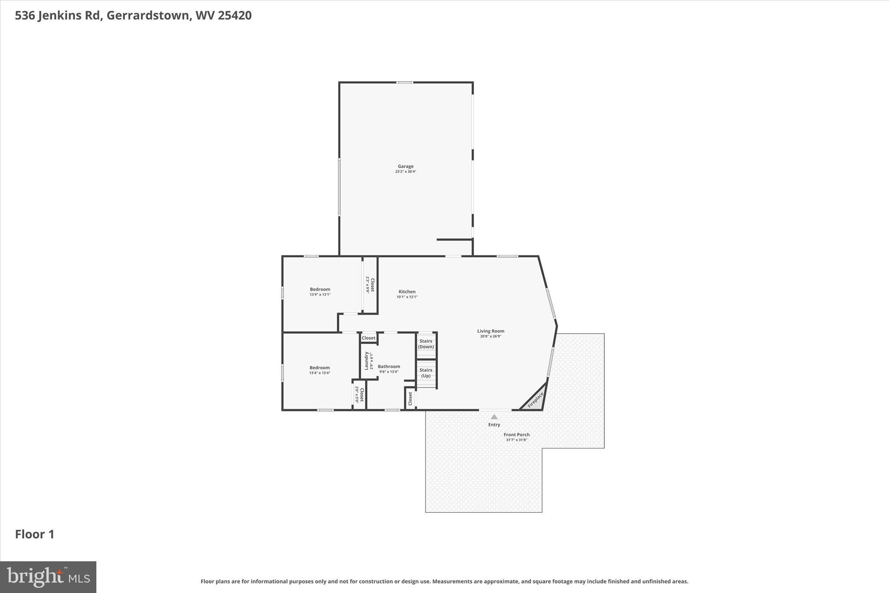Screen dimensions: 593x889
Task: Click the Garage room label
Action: [x=405, y=166]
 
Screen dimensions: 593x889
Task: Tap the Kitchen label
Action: [x=407, y=292]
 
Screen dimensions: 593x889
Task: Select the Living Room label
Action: [x=491, y=331]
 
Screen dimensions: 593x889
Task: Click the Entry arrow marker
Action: [x=494, y=417]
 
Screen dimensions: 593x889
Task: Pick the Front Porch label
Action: [x=516, y=435]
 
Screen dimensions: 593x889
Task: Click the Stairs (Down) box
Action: [x=426, y=344]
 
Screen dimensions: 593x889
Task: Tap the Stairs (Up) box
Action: [x=426, y=373]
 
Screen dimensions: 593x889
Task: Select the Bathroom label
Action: [x=389, y=367]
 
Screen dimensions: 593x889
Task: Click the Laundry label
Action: [x=366, y=361]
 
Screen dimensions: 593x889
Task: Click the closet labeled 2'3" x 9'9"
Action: [x=370, y=285]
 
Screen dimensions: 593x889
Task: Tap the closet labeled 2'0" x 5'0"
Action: [x=359, y=394]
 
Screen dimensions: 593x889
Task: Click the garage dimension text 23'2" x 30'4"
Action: [x=405, y=172]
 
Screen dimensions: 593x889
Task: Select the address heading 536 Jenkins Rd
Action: [x=133, y=16]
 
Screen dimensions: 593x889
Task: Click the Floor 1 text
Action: [x=35, y=534]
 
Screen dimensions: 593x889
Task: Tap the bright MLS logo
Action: [x=48, y=577]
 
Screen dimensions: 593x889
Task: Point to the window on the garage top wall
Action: [x=405, y=83]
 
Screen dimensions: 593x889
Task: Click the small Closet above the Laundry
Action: [x=369, y=338]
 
